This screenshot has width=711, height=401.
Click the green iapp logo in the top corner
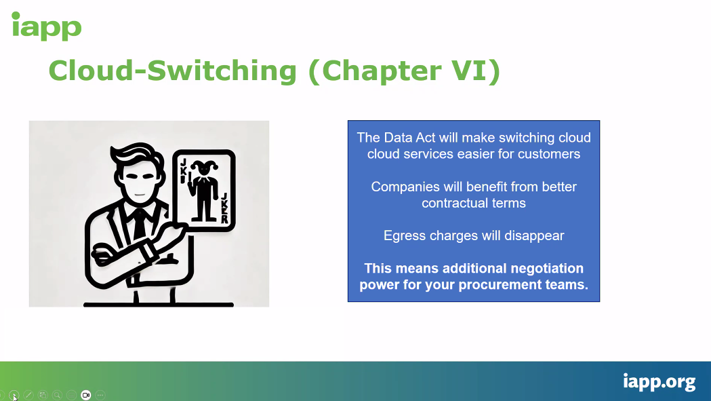46,26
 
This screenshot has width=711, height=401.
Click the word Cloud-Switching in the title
172,71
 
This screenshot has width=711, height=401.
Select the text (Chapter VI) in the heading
404,71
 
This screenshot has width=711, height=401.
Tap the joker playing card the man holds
203,191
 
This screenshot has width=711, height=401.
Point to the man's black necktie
139,225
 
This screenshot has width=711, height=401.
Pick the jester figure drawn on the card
203,190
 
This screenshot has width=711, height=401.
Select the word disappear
534,236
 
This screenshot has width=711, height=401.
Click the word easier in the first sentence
476,155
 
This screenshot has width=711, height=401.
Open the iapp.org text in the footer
659,381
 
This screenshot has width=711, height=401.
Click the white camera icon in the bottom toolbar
85,395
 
